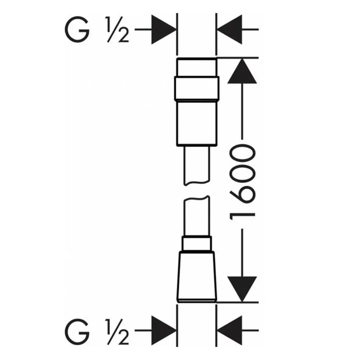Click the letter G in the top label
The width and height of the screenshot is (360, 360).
77,30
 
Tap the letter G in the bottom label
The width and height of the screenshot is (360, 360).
77,331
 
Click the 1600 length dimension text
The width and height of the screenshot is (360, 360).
242,182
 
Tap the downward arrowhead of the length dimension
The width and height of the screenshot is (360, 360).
242,289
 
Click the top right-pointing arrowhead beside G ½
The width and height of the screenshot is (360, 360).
163,30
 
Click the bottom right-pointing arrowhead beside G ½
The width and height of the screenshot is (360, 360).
163,330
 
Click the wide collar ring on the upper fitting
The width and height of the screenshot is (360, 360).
197,89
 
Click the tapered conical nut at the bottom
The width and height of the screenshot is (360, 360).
197,276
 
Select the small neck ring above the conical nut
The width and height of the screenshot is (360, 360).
197,244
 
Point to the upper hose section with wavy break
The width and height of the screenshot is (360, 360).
197,165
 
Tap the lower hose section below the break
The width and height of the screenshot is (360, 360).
197,216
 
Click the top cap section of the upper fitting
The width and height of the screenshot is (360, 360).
197,67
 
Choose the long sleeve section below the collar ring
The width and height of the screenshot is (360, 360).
197,123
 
